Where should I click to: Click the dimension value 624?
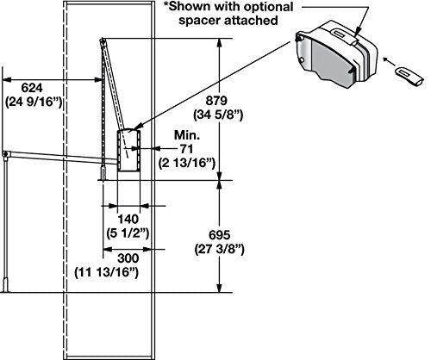31,87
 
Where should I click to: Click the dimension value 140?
127,220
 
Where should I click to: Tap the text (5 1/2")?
127,233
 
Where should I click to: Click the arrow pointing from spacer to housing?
389,63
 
